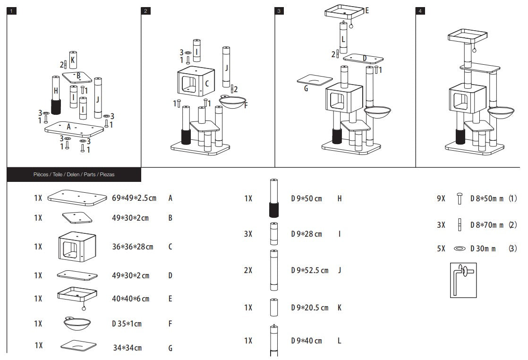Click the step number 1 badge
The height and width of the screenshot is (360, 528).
(x=12, y=11)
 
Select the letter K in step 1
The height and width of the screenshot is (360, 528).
(x=73, y=60)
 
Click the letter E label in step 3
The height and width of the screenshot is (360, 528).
(x=366, y=9)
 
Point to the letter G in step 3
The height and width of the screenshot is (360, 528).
(x=306, y=88)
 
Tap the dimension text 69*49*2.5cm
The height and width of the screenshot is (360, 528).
(x=134, y=197)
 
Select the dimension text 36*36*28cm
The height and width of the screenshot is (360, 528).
(x=133, y=247)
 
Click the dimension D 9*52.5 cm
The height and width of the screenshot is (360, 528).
(x=309, y=270)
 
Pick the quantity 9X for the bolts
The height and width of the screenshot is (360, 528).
(x=441, y=199)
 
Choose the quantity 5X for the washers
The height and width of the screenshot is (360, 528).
(x=441, y=249)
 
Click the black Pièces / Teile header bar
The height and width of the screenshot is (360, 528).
(x=74, y=174)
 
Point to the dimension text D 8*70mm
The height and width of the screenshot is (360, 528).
(x=487, y=225)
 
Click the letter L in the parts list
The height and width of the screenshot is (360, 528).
(x=340, y=341)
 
